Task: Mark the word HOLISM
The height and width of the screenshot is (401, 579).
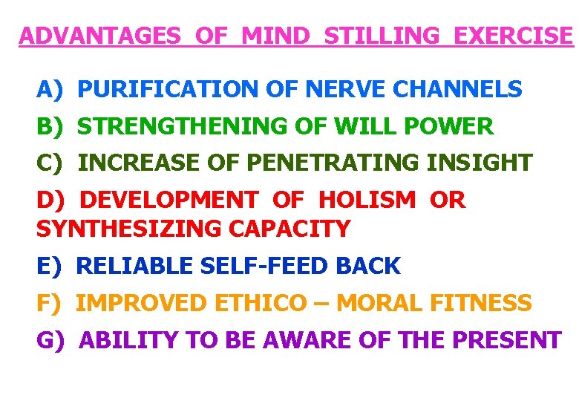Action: [x=367, y=200]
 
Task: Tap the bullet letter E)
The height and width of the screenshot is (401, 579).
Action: [x=50, y=265]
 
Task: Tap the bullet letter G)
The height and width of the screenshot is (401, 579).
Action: [x=51, y=340]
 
